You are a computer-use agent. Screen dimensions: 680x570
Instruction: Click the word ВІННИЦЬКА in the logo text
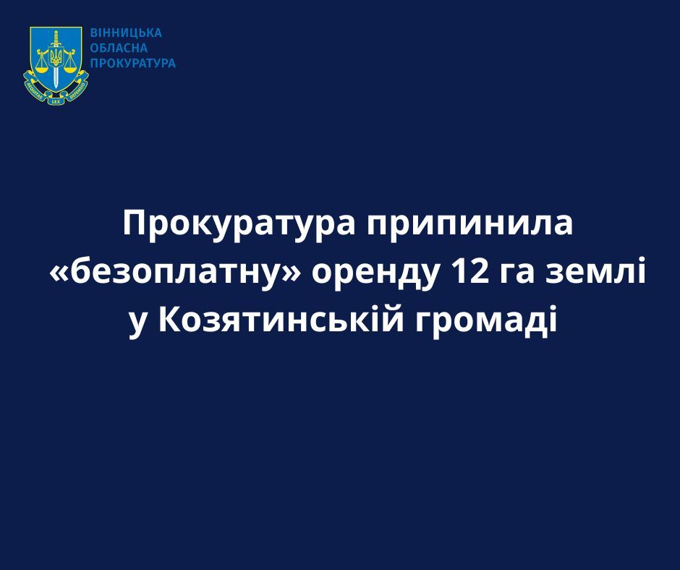[x=126, y=33]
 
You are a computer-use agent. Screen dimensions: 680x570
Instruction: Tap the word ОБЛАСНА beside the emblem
[x=119, y=48]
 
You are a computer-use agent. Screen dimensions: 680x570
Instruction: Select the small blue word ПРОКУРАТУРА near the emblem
[x=132, y=64]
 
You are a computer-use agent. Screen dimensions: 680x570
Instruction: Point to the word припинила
[x=469, y=225]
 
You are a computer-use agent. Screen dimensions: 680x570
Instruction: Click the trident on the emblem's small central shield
[x=56, y=56]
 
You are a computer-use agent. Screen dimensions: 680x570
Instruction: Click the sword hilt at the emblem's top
[x=56, y=38]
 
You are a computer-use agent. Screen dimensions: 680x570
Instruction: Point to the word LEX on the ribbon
[x=56, y=101]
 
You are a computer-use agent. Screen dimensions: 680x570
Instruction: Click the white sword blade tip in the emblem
[x=56, y=86]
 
